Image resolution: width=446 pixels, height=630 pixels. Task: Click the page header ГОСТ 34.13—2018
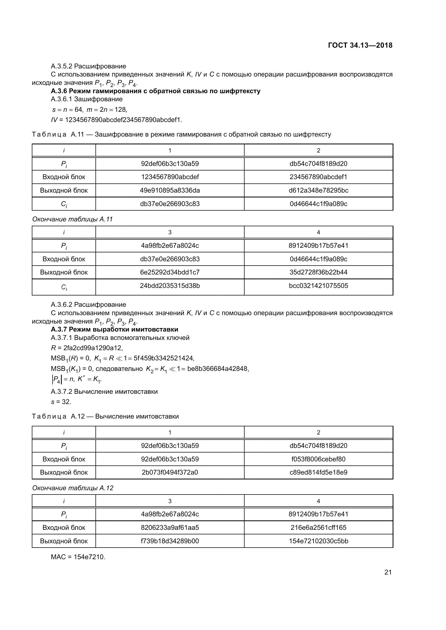pos(360,45)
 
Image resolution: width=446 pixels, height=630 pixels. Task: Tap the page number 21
pos(388,572)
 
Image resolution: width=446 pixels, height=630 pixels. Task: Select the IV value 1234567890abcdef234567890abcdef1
pos(123,120)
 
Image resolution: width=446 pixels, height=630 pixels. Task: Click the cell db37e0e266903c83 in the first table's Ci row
pos(170,204)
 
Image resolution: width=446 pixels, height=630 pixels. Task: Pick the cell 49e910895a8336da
pos(170,190)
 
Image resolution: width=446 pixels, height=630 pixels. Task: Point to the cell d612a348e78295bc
pos(318,190)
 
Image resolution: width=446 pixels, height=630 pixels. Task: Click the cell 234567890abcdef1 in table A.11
pos(318,177)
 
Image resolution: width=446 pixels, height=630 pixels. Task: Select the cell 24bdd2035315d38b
pos(170,286)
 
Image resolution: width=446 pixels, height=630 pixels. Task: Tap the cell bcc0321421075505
pos(318,286)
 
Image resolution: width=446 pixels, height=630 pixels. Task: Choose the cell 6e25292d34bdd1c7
pos(170,272)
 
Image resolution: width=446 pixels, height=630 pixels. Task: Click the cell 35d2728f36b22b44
pos(318,272)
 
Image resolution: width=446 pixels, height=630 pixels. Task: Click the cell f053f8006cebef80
pos(318,459)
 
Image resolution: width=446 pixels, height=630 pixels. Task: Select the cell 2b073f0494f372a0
pos(170,472)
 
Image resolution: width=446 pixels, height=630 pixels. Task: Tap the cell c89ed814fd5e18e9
pos(318,472)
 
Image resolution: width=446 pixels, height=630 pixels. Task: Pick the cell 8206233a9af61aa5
pos(170,527)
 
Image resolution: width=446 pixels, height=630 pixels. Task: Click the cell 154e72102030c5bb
pos(318,541)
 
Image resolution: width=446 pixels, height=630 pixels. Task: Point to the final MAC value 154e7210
pos(89,557)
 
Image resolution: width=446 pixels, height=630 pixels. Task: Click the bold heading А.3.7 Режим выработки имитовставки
pos(115,329)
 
